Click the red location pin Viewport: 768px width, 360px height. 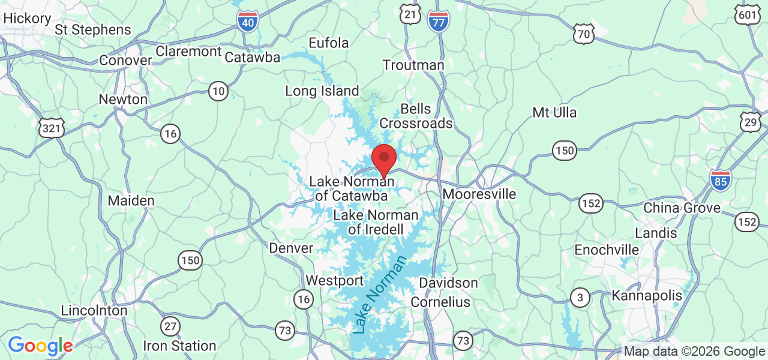pos(384,159)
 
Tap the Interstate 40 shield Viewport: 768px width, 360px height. pos(247,22)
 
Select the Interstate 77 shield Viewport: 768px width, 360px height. pos(439,22)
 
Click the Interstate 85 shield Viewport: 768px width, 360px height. pos(720,180)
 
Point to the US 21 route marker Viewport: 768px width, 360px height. pos(411,15)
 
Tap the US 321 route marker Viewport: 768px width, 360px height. pos(51,127)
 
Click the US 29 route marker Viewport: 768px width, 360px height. pos(751,122)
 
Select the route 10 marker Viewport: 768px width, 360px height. pos(218,91)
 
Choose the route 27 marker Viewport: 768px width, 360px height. pos(170,326)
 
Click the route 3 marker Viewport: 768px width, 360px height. pos(580,298)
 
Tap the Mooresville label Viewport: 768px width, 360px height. pos(479,194)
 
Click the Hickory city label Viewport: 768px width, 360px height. pos(27,19)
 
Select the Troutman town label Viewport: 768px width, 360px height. pos(413,65)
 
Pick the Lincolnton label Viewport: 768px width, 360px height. pos(94,311)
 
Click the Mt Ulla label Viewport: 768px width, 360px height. pos(554,112)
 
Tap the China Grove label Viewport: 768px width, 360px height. pos(682,208)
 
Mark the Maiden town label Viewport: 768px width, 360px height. pos(131,200)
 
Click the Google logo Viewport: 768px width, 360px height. pos(40,346)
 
